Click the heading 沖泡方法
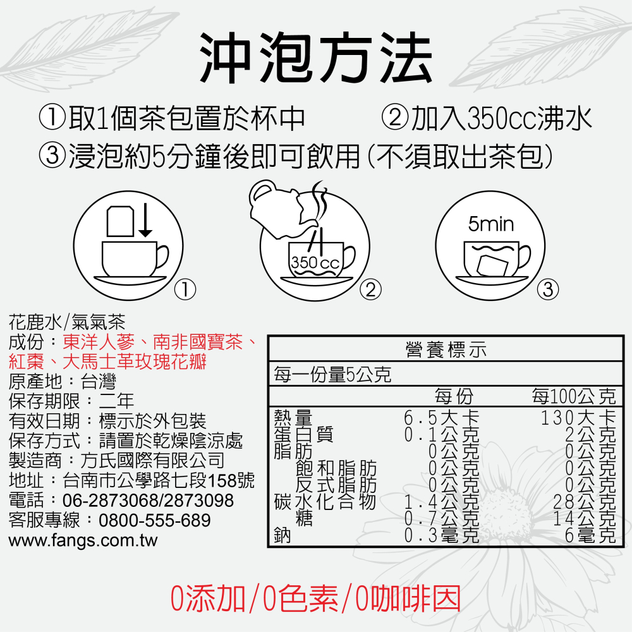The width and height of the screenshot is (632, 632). [x=316, y=60]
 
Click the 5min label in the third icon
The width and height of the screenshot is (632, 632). [x=491, y=224]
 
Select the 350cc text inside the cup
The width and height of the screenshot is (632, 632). [x=315, y=262]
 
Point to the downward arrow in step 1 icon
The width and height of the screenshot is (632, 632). [x=145, y=221]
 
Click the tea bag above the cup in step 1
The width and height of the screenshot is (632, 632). [x=119, y=221]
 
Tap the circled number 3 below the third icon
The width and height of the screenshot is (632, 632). [x=547, y=289]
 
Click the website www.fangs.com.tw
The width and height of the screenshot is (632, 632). [x=83, y=541]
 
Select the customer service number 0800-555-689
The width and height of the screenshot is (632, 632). [x=155, y=521]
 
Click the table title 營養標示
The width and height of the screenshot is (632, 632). [x=446, y=349]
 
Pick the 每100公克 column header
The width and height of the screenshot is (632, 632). [x=573, y=397]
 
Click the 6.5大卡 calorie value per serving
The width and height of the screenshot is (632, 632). [x=442, y=418]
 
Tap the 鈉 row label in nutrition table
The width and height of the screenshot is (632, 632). [x=283, y=536]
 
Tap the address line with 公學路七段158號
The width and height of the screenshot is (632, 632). [x=131, y=481]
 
